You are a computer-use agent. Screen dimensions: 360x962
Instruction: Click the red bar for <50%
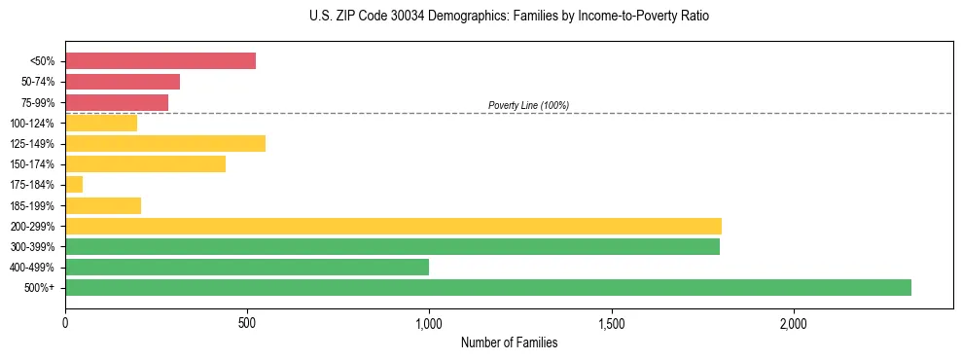pos(160,60)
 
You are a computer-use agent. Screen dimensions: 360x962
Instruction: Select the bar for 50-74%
pos(123,82)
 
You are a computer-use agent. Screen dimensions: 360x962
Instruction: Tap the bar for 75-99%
pos(117,102)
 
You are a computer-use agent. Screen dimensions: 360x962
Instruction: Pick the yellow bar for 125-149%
pos(165,143)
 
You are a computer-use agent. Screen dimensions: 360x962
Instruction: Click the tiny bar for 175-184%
pos(74,184)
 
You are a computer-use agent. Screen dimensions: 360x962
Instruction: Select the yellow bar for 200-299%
pos(393,226)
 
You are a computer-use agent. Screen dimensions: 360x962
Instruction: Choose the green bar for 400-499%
pos(247,267)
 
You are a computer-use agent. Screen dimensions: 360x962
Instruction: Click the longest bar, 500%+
pos(488,287)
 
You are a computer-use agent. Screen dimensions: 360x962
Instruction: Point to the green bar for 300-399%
pos(392,246)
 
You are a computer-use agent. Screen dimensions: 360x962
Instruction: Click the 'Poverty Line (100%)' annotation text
pos(528,105)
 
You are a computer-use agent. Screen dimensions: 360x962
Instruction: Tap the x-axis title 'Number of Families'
pos(509,342)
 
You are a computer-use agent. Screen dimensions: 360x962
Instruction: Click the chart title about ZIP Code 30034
pos(510,17)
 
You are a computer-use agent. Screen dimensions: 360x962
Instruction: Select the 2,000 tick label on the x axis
pos(793,323)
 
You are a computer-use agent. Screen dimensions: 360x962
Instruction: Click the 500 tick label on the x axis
pos(247,323)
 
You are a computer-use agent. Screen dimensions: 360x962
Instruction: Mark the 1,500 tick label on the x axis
pos(611,323)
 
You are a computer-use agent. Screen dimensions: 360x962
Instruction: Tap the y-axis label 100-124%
pos(32,124)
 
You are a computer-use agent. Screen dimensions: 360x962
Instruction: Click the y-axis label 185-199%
pos(32,205)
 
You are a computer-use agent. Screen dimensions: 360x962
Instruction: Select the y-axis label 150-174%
pos(32,164)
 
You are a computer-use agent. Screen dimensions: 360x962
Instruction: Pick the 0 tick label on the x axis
pos(65,323)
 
